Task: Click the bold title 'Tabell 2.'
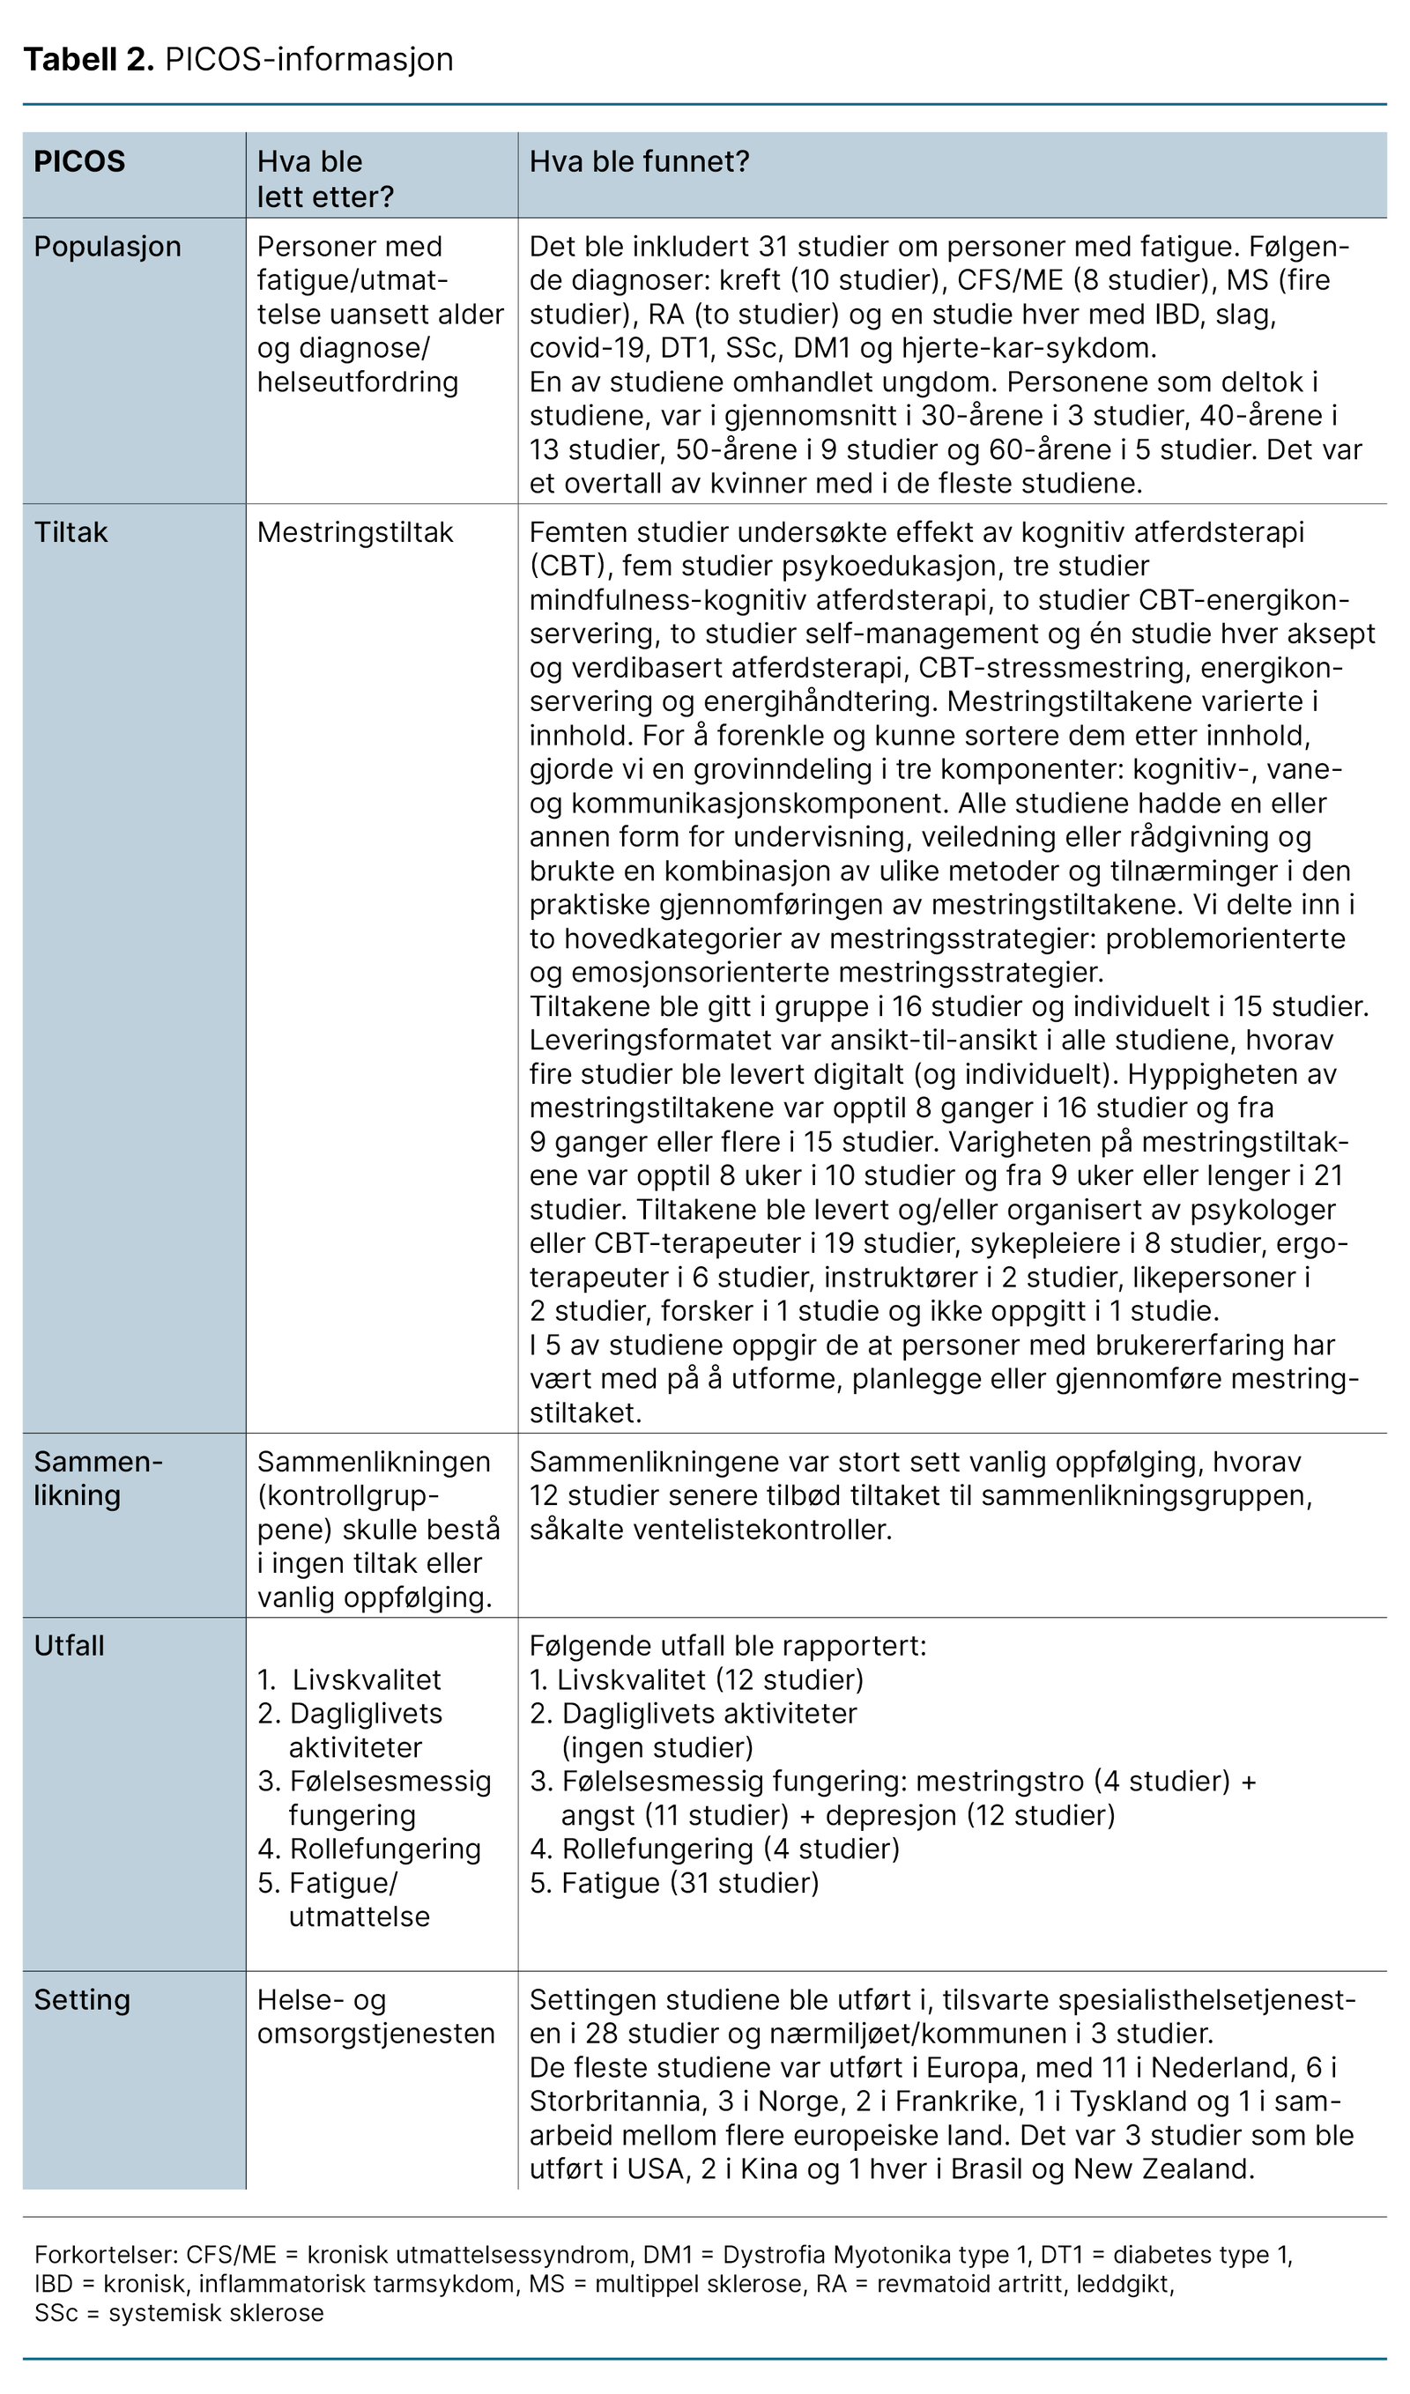tap(88, 59)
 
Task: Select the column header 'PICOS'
tap(80, 161)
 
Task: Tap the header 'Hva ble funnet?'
tap(640, 161)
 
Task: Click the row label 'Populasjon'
tap(108, 246)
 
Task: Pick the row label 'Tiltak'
tap(71, 532)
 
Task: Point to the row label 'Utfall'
tap(70, 1645)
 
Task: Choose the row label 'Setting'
tap(82, 2000)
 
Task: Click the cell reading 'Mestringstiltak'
tap(355, 532)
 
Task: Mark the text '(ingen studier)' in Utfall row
tap(657, 1747)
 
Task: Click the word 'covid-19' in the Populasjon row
tap(586, 348)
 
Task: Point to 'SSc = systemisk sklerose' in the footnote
tap(180, 2312)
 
